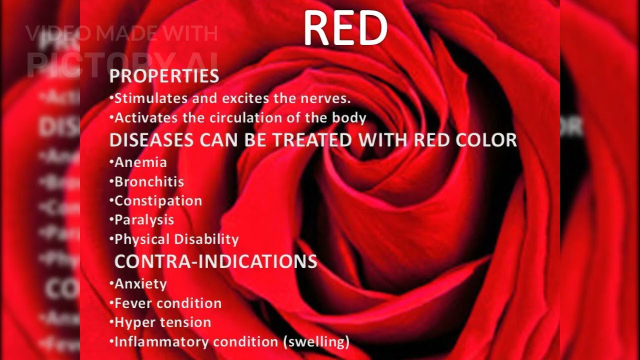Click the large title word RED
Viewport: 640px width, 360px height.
(345, 28)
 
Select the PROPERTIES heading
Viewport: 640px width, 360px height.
(164, 76)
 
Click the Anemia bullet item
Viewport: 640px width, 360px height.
(140, 162)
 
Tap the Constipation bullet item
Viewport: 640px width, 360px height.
(158, 201)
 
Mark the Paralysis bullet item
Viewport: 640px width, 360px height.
(144, 220)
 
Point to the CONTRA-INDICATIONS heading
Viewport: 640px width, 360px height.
(215, 261)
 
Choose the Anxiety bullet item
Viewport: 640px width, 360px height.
(140, 284)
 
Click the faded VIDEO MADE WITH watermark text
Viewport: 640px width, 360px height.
(121, 34)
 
